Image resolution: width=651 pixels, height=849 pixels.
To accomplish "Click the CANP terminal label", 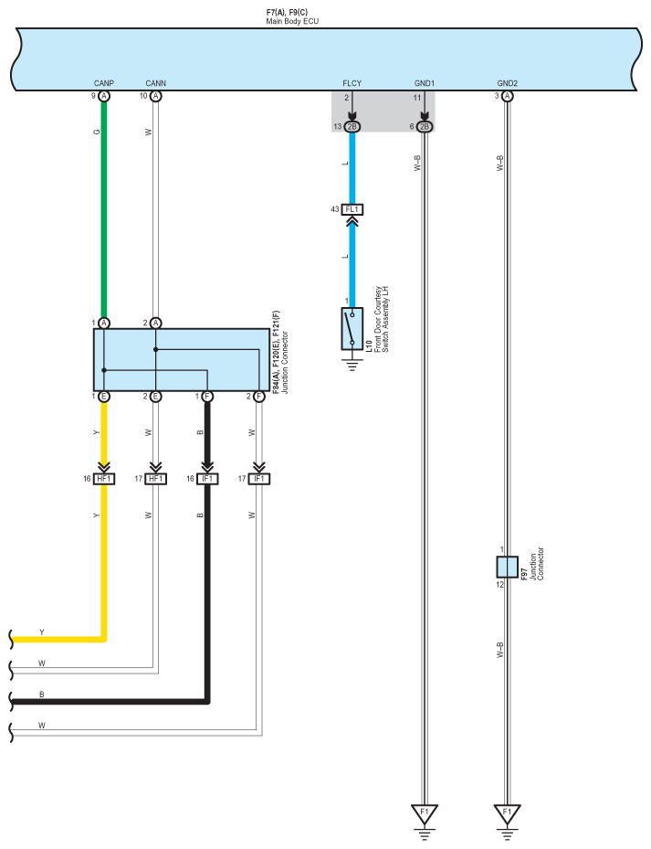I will click(103, 83).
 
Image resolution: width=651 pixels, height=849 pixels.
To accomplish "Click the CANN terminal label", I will click(155, 83).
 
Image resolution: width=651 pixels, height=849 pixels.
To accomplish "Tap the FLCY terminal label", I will click(352, 83).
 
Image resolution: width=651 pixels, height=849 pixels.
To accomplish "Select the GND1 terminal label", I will click(424, 83).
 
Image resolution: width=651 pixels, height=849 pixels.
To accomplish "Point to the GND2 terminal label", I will click(507, 83).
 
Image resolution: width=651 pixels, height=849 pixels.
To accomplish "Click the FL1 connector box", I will click(352, 209).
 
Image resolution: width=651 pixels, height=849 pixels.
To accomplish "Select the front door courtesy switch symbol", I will click(352, 328).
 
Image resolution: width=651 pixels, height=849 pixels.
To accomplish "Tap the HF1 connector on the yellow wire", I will click(104, 479).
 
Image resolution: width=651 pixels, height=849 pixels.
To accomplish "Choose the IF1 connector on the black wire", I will click(208, 479).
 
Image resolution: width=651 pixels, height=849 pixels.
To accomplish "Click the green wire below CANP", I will click(104, 210).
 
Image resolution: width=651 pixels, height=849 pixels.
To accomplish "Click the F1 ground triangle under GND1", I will click(425, 812).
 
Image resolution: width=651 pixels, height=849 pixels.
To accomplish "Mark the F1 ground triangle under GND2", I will click(507, 812).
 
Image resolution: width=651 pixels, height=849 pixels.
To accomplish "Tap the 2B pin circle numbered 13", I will click(352, 126).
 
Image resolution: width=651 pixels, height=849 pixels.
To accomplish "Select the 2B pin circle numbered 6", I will click(425, 126).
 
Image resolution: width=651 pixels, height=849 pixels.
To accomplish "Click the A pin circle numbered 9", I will click(104, 96).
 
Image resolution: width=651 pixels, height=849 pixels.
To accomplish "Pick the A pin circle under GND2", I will click(507, 96).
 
